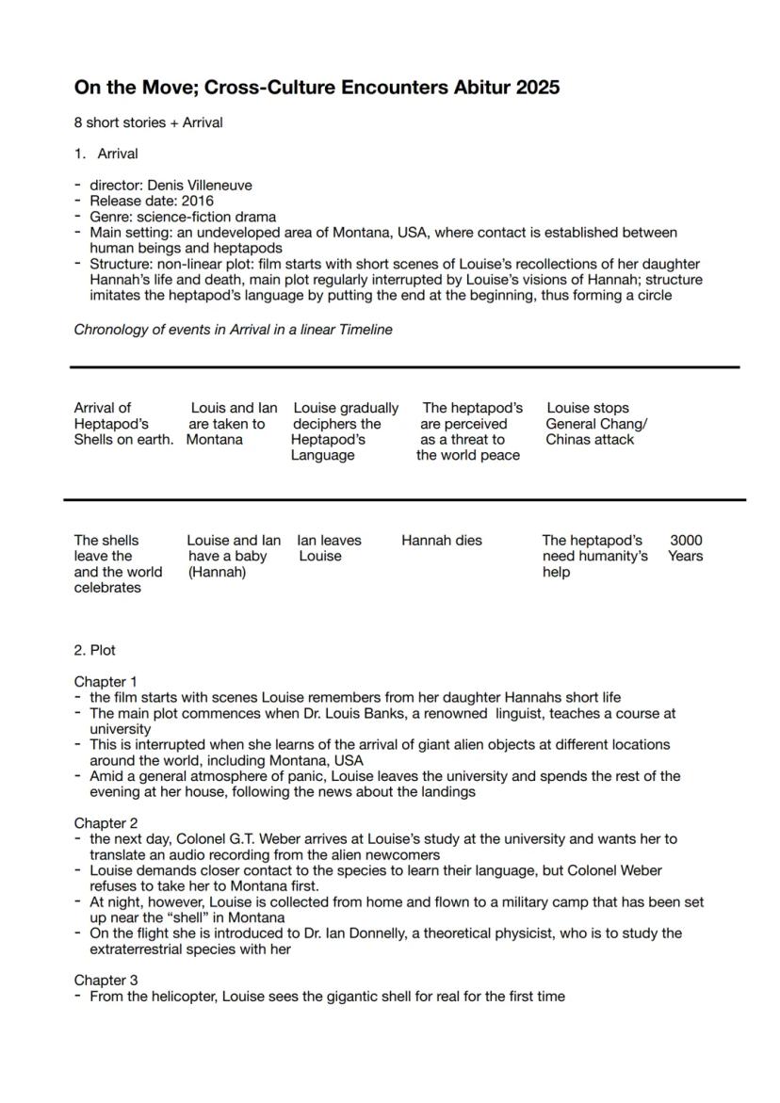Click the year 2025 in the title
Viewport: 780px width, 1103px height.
pos(536,88)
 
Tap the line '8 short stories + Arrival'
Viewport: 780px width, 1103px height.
pos(148,122)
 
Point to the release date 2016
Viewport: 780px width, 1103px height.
pos(198,201)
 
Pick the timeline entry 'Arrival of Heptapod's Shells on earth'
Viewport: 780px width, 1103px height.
pos(122,424)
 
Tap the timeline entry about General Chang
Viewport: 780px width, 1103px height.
pos(595,424)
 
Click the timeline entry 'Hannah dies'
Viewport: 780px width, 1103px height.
pos(441,541)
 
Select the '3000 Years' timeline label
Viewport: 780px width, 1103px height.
pos(686,548)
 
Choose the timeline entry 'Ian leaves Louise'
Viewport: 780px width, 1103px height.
pos(328,548)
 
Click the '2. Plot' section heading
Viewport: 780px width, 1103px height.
pos(95,650)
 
